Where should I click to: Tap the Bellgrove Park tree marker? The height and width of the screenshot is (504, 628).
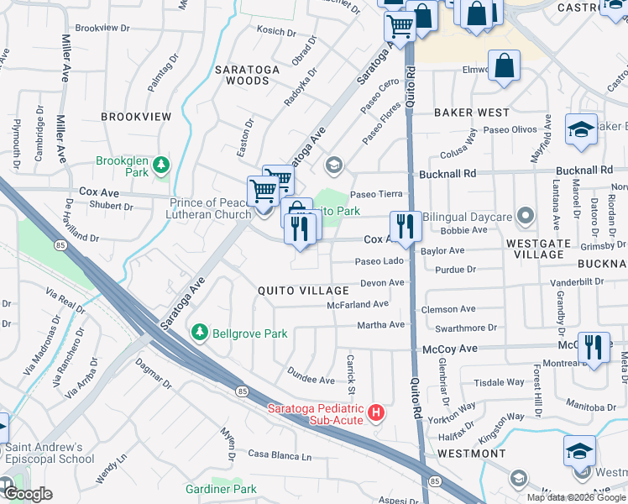[x=200, y=333]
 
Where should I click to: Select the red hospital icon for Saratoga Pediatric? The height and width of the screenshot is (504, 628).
[x=377, y=413]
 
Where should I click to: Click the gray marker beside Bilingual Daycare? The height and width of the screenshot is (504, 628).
[x=526, y=217]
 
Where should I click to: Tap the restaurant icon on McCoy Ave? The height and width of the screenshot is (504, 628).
[x=594, y=345]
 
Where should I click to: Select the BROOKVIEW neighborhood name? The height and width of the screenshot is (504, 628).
[x=136, y=117]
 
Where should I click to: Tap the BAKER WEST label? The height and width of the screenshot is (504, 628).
[x=472, y=113]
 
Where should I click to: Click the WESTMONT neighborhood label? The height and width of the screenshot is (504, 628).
[x=472, y=454]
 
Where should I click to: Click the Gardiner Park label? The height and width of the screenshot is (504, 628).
[x=222, y=489]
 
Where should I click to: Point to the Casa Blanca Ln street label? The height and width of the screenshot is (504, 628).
[x=280, y=455]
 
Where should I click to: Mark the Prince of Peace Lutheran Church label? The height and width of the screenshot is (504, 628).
[x=199, y=207]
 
